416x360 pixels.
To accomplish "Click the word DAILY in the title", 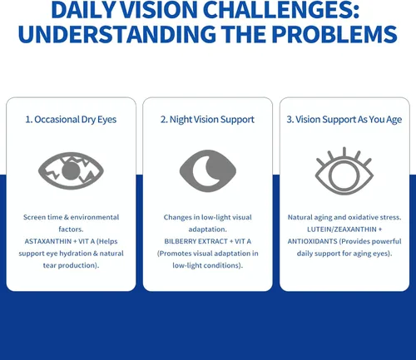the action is coord(84,10).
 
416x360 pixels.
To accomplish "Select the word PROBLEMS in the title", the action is coord(334,34).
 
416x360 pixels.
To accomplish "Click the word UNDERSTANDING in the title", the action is coord(116,34).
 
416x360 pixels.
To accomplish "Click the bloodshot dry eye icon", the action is coord(71,170).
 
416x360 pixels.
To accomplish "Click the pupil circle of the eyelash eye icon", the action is coord(344,175).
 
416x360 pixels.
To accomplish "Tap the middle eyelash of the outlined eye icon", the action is coord(344,152).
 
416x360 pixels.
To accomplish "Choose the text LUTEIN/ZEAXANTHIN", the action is coord(342,229).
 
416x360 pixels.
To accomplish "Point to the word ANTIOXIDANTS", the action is coord(312,241).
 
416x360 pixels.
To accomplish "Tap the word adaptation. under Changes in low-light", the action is coord(207,229).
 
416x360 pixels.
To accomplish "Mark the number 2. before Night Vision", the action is coord(164,120).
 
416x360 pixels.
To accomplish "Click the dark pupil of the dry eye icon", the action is coord(71,170).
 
